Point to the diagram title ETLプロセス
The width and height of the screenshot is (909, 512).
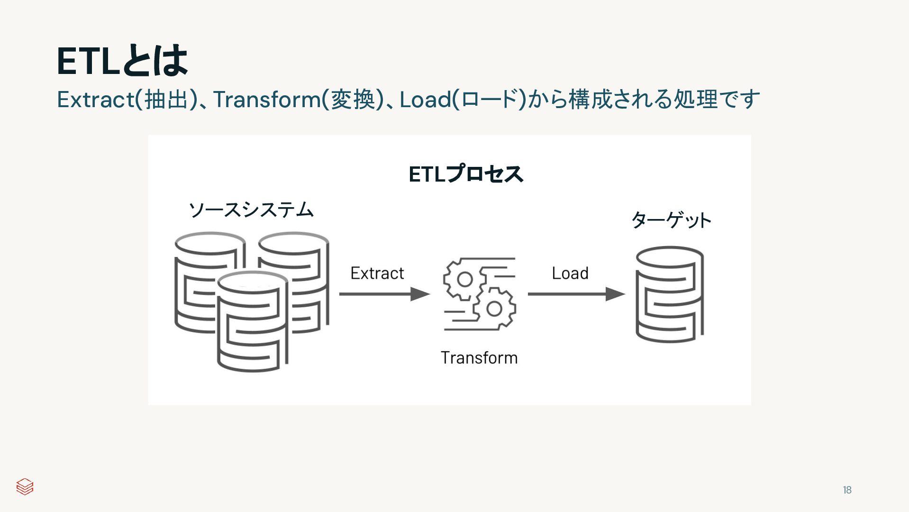click(466, 174)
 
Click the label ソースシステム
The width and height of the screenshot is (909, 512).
click(251, 210)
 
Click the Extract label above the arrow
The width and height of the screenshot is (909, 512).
click(377, 274)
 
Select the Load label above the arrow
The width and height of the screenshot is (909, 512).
click(570, 274)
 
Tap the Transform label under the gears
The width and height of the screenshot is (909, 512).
click(479, 358)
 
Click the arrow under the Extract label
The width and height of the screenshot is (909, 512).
click(384, 294)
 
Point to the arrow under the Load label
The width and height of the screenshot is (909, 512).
click(576, 294)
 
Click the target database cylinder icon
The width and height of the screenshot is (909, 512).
click(669, 294)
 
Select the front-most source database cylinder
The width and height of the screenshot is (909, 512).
click(252, 322)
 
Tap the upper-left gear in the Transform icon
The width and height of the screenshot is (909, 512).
click(464, 279)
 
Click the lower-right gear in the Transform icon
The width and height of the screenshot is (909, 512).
click(494, 309)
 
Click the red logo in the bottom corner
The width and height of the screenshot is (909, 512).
click(25, 486)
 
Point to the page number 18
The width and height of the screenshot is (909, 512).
click(847, 490)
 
